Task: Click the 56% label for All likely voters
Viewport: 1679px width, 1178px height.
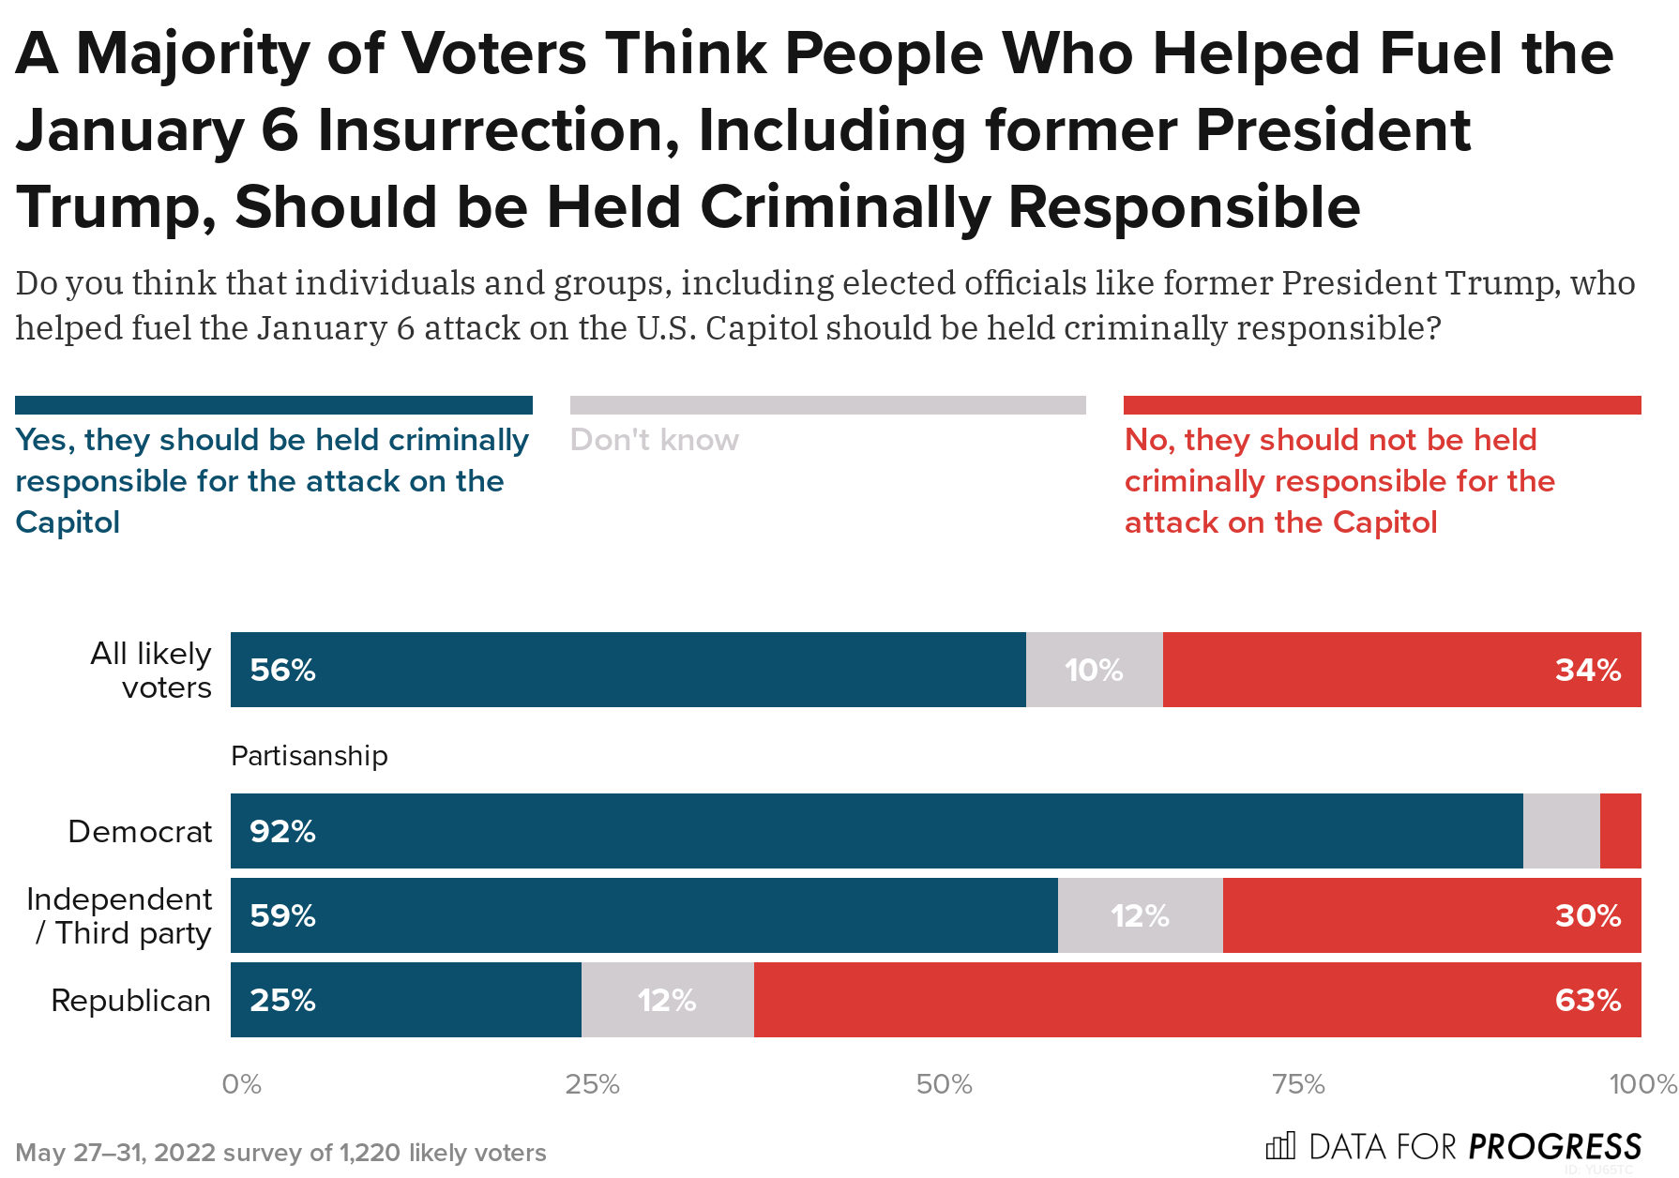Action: point(282,671)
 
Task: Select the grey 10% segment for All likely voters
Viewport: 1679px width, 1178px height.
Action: point(1094,671)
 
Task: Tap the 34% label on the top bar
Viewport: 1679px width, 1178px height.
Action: point(1587,671)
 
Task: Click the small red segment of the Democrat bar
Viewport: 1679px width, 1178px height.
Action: point(1620,831)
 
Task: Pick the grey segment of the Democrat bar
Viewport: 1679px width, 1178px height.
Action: point(1561,831)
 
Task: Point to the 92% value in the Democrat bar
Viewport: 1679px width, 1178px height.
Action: point(282,832)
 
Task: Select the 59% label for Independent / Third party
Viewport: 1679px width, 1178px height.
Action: point(282,916)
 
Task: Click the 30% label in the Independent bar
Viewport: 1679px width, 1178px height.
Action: point(1587,916)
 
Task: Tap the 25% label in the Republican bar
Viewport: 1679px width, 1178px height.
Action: point(282,1001)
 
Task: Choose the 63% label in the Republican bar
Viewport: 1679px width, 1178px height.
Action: point(1587,1001)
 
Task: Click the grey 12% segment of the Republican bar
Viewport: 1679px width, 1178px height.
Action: point(667,1001)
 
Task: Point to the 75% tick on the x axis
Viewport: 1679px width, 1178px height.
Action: point(1298,1085)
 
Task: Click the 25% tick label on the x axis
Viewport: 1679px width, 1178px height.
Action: point(592,1085)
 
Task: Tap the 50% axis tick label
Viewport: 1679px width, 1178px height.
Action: point(944,1085)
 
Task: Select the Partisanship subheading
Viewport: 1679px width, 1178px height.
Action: point(309,756)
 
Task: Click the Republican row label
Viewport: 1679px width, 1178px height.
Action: point(130,1001)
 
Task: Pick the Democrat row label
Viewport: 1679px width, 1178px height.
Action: point(140,832)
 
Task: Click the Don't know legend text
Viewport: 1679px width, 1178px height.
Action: point(654,440)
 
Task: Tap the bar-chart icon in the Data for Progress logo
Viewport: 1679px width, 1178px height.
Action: point(1280,1146)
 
